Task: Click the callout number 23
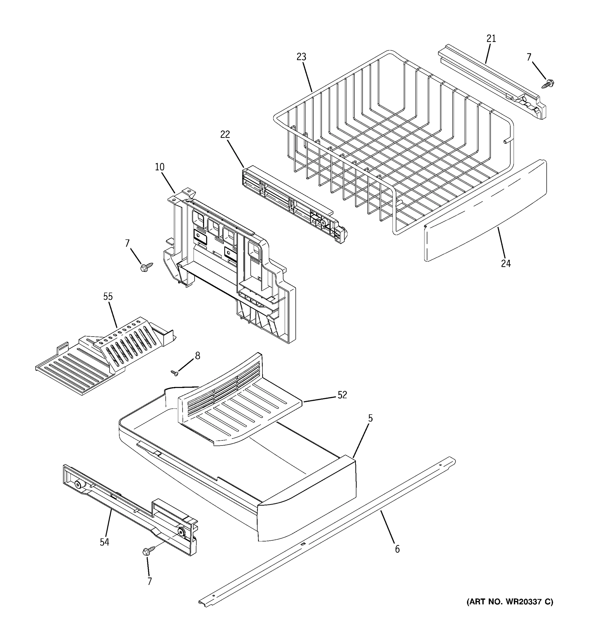(301, 57)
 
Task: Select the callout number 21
(491, 39)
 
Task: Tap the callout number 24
(506, 264)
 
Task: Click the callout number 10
(160, 167)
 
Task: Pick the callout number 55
(108, 296)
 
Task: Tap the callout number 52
(342, 395)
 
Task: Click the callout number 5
(370, 418)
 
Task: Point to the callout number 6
(397, 549)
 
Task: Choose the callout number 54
(105, 542)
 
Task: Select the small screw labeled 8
(174, 372)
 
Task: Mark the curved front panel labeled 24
(484, 210)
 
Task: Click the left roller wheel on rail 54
(78, 485)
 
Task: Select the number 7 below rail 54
(149, 581)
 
